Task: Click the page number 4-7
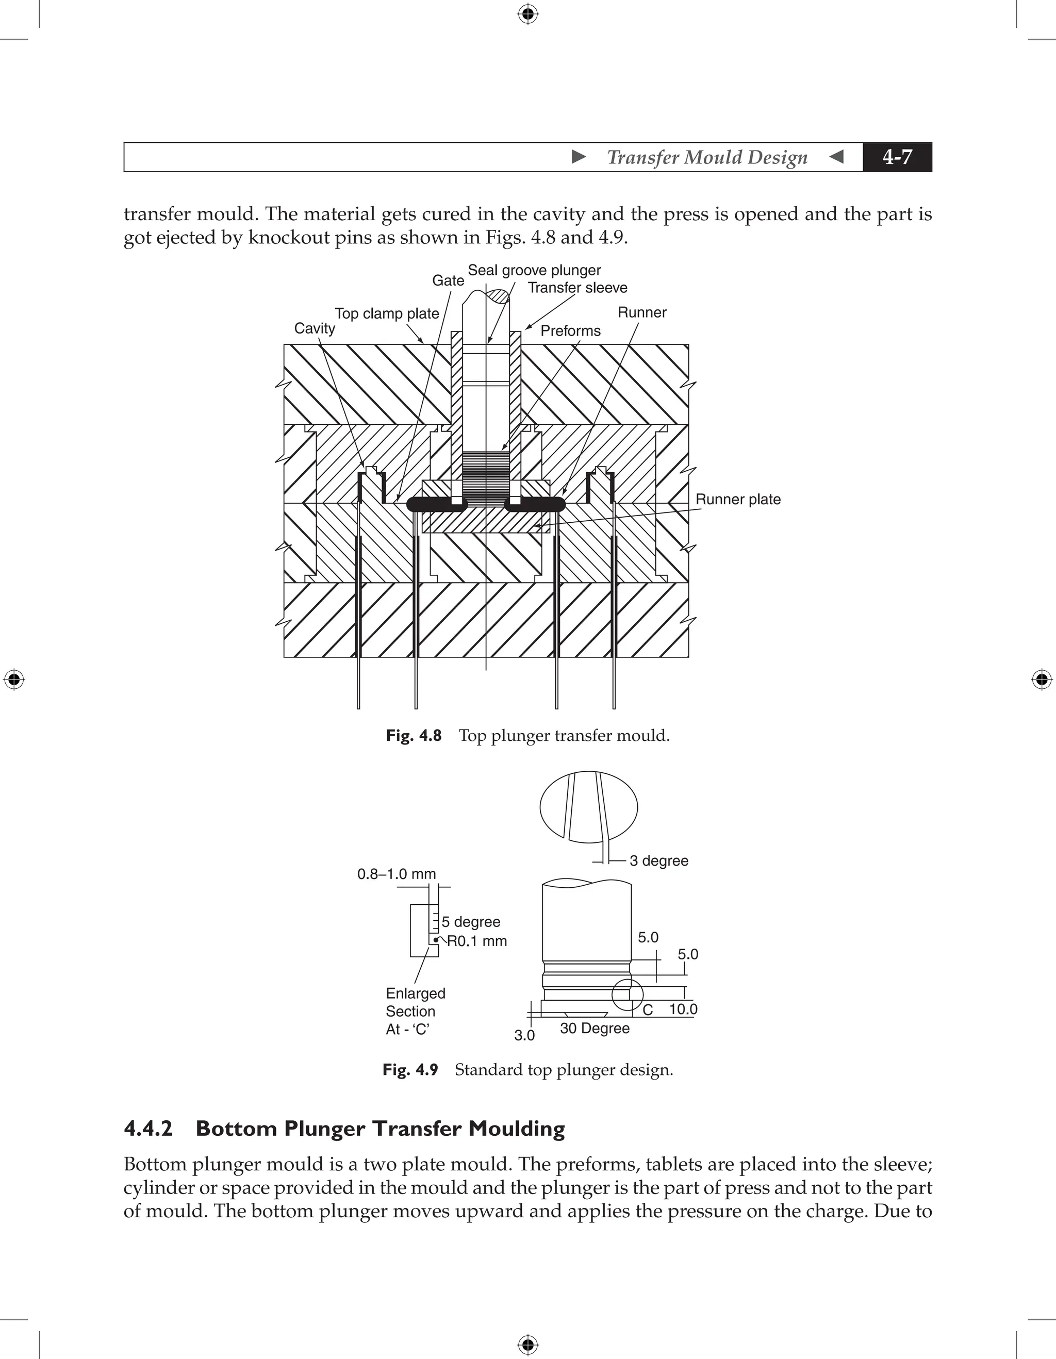[897, 157]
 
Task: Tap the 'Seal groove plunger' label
[534, 270]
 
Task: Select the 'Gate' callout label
[448, 280]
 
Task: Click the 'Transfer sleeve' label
[577, 288]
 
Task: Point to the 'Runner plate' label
[737, 499]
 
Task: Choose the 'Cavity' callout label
[314, 328]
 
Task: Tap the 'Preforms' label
[570, 330]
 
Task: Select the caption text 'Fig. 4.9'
[410, 1070]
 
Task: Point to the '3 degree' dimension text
[658, 860]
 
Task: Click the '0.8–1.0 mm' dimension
[397, 874]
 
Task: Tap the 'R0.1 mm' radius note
[477, 941]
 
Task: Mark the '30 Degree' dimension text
[595, 1028]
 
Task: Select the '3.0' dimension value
[524, 1035]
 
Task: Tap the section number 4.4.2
[148, 1129]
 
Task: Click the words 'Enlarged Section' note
[415, 1002]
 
